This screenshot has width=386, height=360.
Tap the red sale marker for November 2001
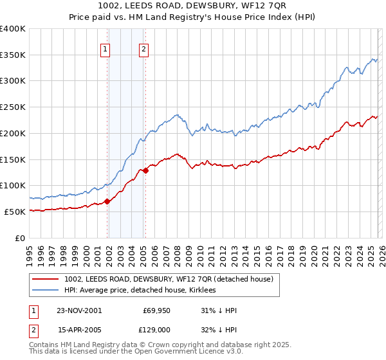point(107,201)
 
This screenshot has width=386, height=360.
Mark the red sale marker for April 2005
point(146,170)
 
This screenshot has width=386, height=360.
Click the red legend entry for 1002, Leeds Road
point(169,279)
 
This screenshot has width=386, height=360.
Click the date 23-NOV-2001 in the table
point(79,310)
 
